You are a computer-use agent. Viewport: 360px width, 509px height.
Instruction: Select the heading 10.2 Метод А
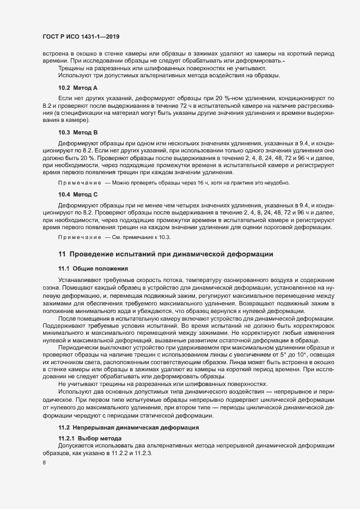pos(78,88)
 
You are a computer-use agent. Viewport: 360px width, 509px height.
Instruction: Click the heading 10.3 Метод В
pos(78,133)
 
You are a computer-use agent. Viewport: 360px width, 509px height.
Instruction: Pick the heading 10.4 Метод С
pos(78,194)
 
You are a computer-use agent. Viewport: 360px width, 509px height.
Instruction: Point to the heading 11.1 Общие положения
pos(93,269)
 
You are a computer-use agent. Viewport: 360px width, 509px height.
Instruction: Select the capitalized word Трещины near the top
pos(71,69)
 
